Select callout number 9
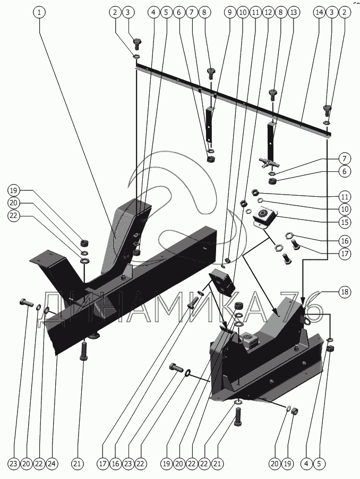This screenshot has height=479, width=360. point(229,11)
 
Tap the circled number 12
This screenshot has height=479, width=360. point(268,11)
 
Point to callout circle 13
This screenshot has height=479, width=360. point(294,11)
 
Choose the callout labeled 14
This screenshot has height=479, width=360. point(319,11)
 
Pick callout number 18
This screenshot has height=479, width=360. point(344,291)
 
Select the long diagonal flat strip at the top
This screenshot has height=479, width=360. point(234,101)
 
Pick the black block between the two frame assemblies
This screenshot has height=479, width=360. point(222,281)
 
